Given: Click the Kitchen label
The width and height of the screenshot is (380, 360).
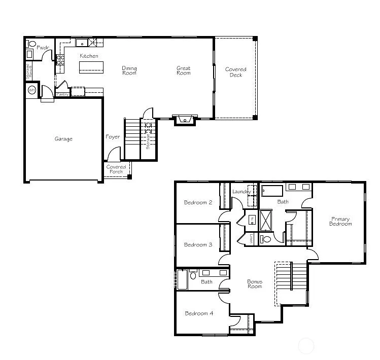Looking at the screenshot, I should (89, 56).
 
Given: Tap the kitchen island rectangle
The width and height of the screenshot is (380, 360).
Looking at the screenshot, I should (91, 67).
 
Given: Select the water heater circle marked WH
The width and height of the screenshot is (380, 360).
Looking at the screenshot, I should (31, 90).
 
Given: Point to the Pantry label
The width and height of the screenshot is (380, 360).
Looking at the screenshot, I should (62, 94).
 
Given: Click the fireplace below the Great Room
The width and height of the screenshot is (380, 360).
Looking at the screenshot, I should (184, 120).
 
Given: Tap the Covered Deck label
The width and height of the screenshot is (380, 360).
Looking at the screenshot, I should (235, 72).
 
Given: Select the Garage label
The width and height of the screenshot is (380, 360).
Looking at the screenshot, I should (63, 139).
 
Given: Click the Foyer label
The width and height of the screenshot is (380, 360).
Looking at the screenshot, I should (113, 137).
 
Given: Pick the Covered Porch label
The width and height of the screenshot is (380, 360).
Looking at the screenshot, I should (116, 169).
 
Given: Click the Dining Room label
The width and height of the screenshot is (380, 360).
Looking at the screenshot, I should (129, 70).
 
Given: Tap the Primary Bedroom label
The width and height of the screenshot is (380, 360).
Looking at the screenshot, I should (340, 222).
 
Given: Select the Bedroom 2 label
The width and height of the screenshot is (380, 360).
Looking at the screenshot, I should (198, 202).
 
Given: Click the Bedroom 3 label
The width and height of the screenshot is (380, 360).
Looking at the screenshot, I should (198, 244).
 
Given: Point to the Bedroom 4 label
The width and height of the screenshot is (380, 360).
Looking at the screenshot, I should (199, 313).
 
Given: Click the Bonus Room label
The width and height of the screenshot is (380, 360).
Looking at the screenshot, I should (255, 284).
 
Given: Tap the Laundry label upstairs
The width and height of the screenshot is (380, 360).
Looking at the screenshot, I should (241, 192).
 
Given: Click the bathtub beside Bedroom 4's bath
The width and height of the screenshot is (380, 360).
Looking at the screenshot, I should (182, 280).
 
